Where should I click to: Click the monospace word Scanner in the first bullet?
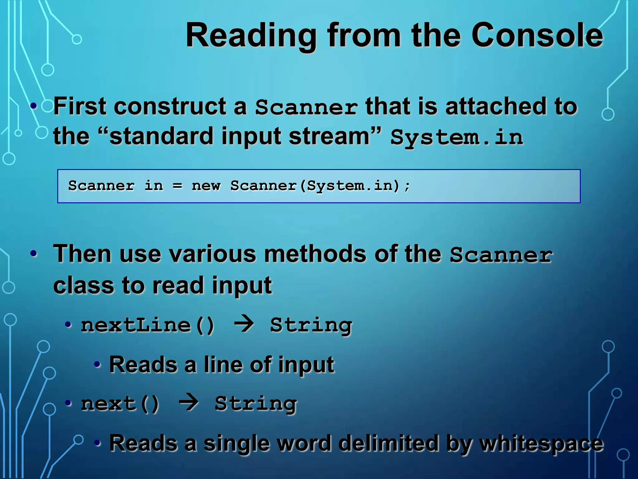[x=306, y=107]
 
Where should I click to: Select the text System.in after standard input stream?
[x=457, y=138]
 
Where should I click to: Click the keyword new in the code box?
[x=206, y=186]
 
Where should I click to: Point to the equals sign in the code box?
[x=177, y=186]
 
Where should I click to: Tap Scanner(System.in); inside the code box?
[x=320, y=186]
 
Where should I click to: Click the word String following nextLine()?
[x=311, y=326]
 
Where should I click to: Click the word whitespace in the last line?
[x=541, y=443]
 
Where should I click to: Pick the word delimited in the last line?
[x=388, y=443]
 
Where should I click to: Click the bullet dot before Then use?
[x=34, y=254]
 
